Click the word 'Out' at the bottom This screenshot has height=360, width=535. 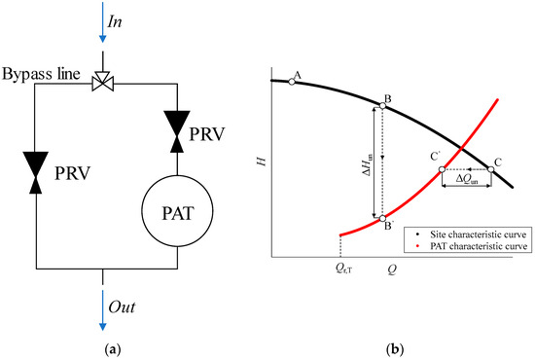(x=122, y=307)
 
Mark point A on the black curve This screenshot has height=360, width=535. (x=290, y=82)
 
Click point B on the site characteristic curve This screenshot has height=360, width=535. (x=381, y=105)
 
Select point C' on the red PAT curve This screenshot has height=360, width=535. (x=442, y=169)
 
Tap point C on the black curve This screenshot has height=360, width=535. (x=490, y=169)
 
